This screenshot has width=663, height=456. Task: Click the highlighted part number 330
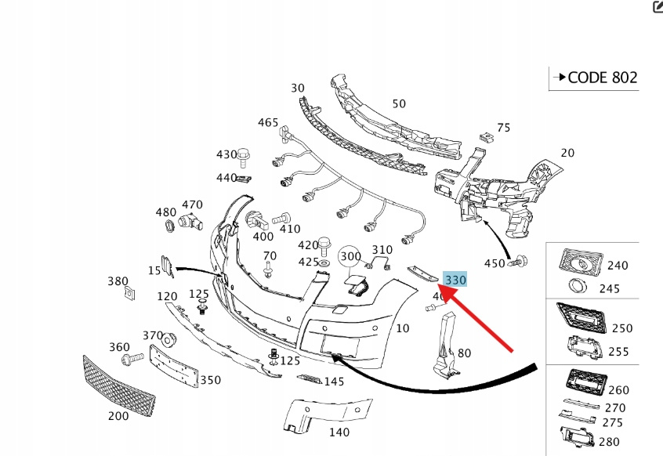455,280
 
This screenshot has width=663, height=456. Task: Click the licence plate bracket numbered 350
174,364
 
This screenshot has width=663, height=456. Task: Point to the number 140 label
339,432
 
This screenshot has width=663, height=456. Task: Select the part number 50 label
399,103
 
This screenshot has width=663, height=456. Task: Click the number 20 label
567,153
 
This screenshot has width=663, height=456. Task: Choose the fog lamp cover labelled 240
579,263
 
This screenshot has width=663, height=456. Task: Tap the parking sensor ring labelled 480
168,229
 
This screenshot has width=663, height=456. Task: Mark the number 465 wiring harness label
268,122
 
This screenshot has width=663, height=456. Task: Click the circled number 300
350,256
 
